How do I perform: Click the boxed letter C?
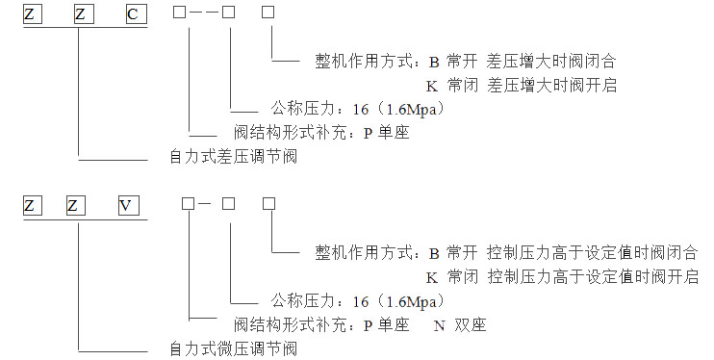pos(131,14)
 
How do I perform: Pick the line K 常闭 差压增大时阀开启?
pos(521,86)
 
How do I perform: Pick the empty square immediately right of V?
pos(188,204)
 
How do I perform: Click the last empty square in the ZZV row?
pos(269,204)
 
